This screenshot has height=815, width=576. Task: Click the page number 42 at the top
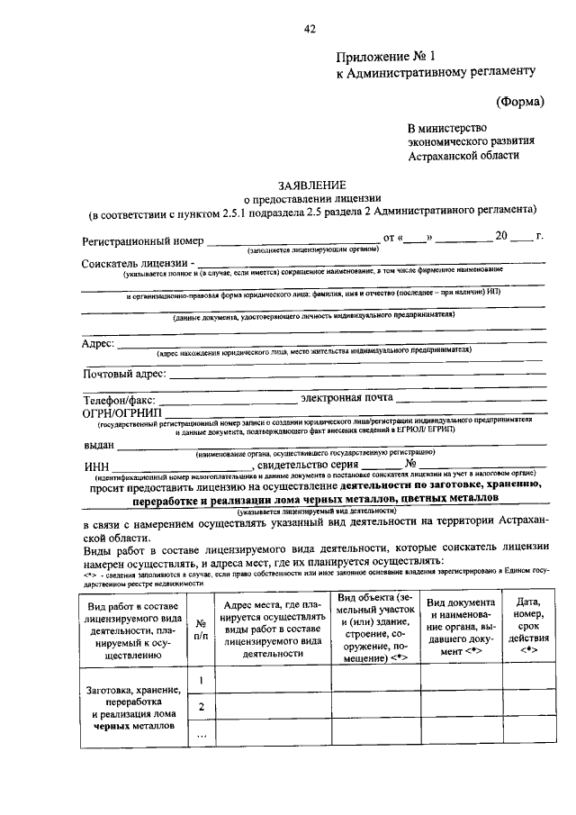coord(310,29)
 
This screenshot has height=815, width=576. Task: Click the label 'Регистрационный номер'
coord(141,240)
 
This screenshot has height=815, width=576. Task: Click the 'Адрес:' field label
coord(98,344)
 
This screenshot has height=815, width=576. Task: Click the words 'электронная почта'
coord(346,398)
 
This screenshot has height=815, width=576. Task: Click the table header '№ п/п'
coord(201,628)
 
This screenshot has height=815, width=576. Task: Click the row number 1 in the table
coord(202,679)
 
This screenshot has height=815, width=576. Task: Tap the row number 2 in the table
coord(202,707)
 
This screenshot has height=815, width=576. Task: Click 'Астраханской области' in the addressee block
coord(463,155)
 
